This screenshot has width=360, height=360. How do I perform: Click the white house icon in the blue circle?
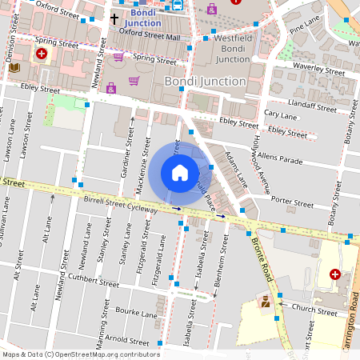180,172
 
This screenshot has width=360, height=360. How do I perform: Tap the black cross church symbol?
114,18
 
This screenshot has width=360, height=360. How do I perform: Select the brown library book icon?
14,70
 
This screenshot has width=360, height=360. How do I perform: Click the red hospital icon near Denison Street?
41,54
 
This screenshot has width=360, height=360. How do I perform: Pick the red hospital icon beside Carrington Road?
335,274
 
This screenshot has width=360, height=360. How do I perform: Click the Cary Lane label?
280,115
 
